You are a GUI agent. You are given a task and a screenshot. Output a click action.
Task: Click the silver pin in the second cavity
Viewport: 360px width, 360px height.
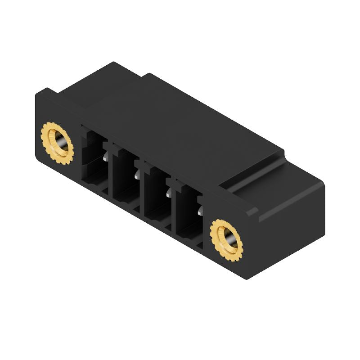(136, 174)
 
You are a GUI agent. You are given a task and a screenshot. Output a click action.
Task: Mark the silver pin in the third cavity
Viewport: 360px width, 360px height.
(169, 193)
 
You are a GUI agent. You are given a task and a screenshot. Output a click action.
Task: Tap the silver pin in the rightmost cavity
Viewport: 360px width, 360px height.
(199, 210)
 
